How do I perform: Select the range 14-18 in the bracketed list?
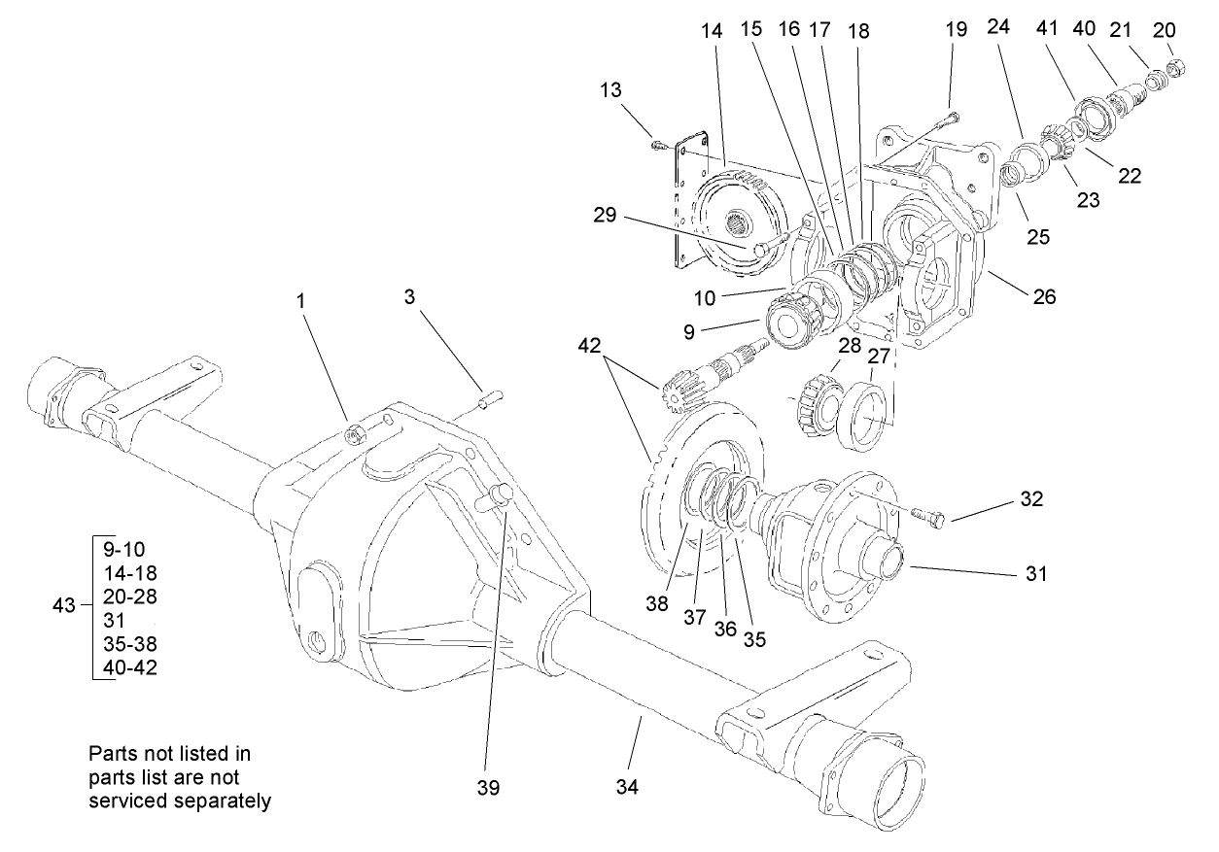click(x=123, y=571)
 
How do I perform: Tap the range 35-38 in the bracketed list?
click(x=123, y=643)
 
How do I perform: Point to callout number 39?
click(x=489, y=787)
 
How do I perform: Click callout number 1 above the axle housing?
click(x=301, y=302)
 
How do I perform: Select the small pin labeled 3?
click(x=490, y=399)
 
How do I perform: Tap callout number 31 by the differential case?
click(x=1036, y=573)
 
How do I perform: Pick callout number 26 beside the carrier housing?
click(x=1044, y=297)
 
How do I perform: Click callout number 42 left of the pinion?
click(x=589, y=345)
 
